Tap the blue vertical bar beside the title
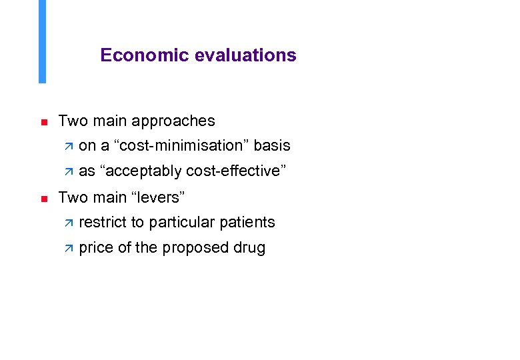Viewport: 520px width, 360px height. pyautogui.click(x=43, y=41)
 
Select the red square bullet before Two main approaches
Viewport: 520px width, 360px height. pyautogui.click(x=43, y=123)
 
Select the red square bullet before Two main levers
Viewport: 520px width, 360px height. pyautogui.click(x=43, y=199)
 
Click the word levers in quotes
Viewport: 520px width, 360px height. pyautogui.click(x=158, y=197)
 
